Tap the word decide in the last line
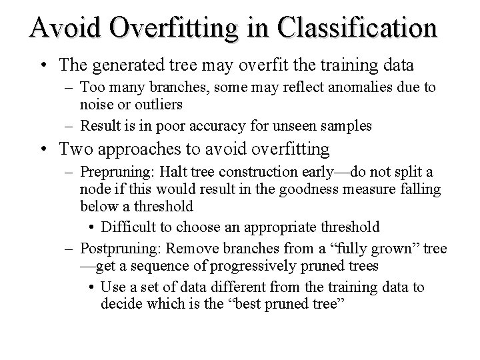coord(121,303)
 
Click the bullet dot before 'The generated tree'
coord(43,65)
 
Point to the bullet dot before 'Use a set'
coord(91,287)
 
